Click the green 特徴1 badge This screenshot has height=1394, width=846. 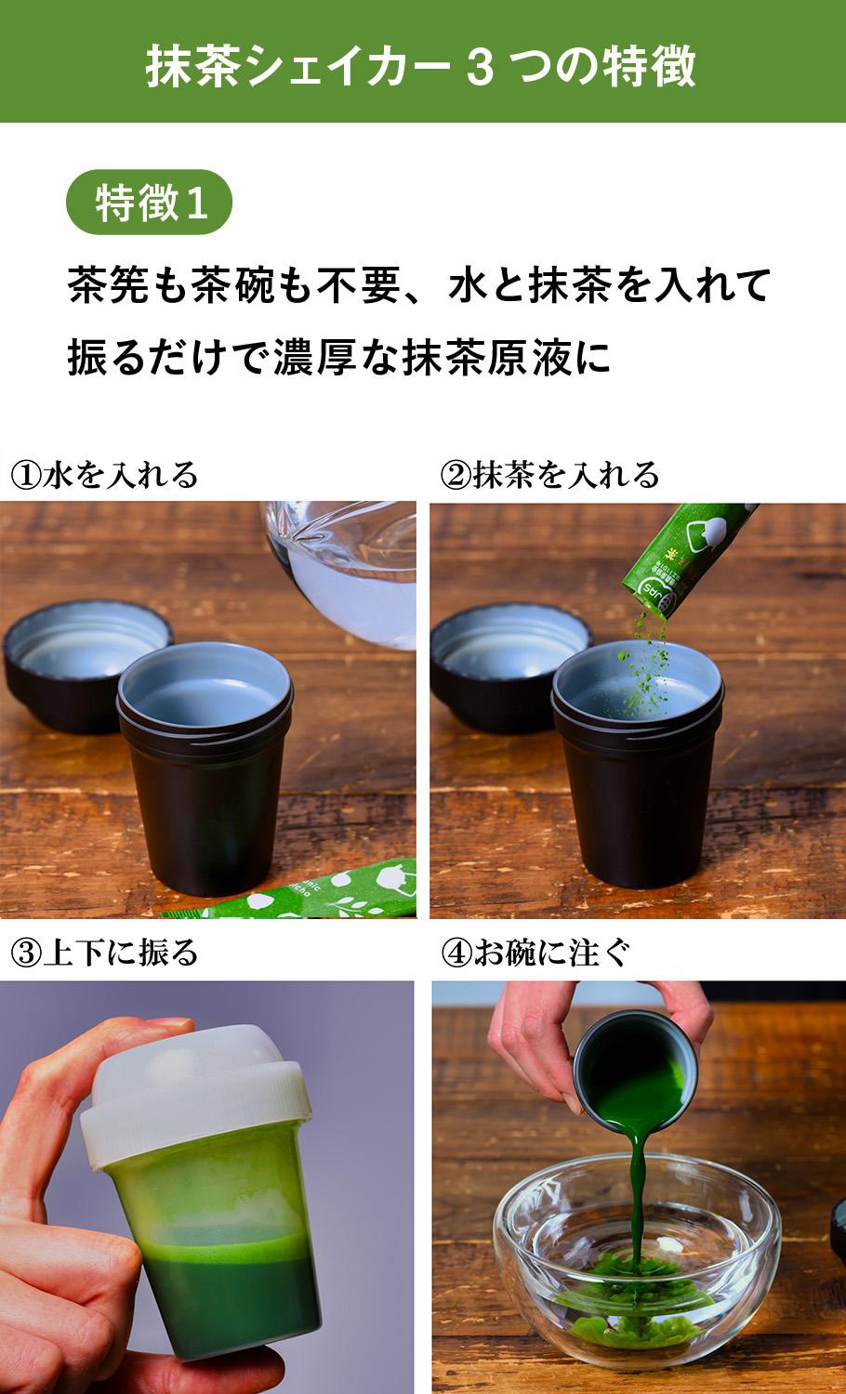pyautogui.click(x=149, y=203)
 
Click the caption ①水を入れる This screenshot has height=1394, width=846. pyautogui.click(x=104, y=475)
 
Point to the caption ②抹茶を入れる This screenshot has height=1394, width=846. pyautogui.click(x=549, y=475)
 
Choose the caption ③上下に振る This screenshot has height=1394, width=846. pyautogui.click(x=104, y=953)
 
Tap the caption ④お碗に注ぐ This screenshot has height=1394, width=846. pyautogui.click(x=536, y=953)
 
